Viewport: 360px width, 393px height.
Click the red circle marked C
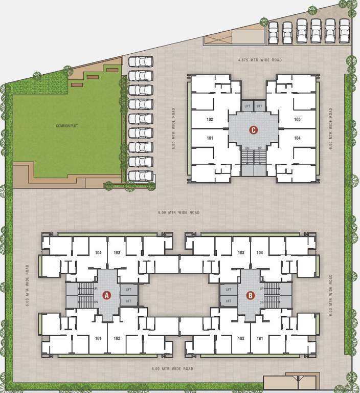[x=253, y=130]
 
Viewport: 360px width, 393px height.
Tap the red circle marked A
[x=107, y=295]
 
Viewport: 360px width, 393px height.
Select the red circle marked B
[x=251, y=295]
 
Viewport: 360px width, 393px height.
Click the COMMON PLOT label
[x=66, y=125]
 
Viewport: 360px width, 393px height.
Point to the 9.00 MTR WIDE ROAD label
[x=178, y=212]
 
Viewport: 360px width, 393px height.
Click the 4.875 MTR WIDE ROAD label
[x=260, y=60]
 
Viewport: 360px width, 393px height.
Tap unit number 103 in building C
[x=297, y=119]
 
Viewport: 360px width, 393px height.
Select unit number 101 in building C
[x=209, y=138]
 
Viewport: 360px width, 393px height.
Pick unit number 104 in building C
[x=297, y=138]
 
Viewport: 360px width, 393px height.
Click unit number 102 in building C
[x=209, y=119]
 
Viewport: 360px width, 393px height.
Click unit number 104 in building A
[x=99, y=253]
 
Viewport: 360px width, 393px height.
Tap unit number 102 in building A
[x=117, y=338]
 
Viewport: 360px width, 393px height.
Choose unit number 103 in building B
[x=241, y=253]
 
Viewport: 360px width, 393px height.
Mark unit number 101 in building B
[x=260, y=338]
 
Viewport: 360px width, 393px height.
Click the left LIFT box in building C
[x=247, y=106]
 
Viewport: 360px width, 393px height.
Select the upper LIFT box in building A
[x=128, y=290]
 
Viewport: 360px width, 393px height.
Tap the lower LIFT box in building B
[x=229, y=301]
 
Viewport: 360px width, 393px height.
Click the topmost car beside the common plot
[x=140, y=61]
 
